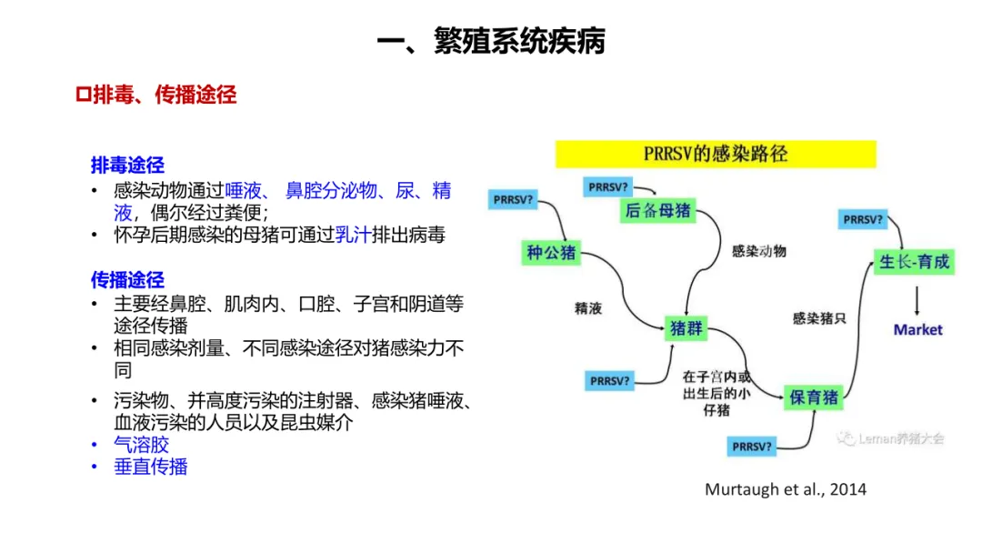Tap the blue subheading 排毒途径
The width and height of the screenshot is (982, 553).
(127, 166)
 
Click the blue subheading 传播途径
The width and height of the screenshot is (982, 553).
(127, 280)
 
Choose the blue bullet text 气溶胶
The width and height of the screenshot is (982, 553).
(141, 445)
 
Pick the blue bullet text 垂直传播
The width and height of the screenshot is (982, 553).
(150, 467)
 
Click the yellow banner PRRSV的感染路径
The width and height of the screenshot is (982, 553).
(716, 154)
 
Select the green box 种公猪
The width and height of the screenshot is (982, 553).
(552, 252)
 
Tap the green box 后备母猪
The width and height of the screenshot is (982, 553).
(657, 211)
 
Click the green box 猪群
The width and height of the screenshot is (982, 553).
(686, 328)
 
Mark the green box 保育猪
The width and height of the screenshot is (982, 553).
(814, 397)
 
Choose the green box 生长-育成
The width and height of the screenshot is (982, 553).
(915, 262)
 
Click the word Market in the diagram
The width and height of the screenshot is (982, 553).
(917, 329)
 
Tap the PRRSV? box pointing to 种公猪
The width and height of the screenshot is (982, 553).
(513, 199)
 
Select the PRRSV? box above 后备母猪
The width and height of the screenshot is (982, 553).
(608, 186)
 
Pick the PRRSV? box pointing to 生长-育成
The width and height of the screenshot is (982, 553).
(863, 219)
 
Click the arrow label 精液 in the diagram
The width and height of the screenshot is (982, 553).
(588, 308)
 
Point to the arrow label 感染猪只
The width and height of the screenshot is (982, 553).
(819, 318)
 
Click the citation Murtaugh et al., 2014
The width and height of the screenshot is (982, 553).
(786, 489)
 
